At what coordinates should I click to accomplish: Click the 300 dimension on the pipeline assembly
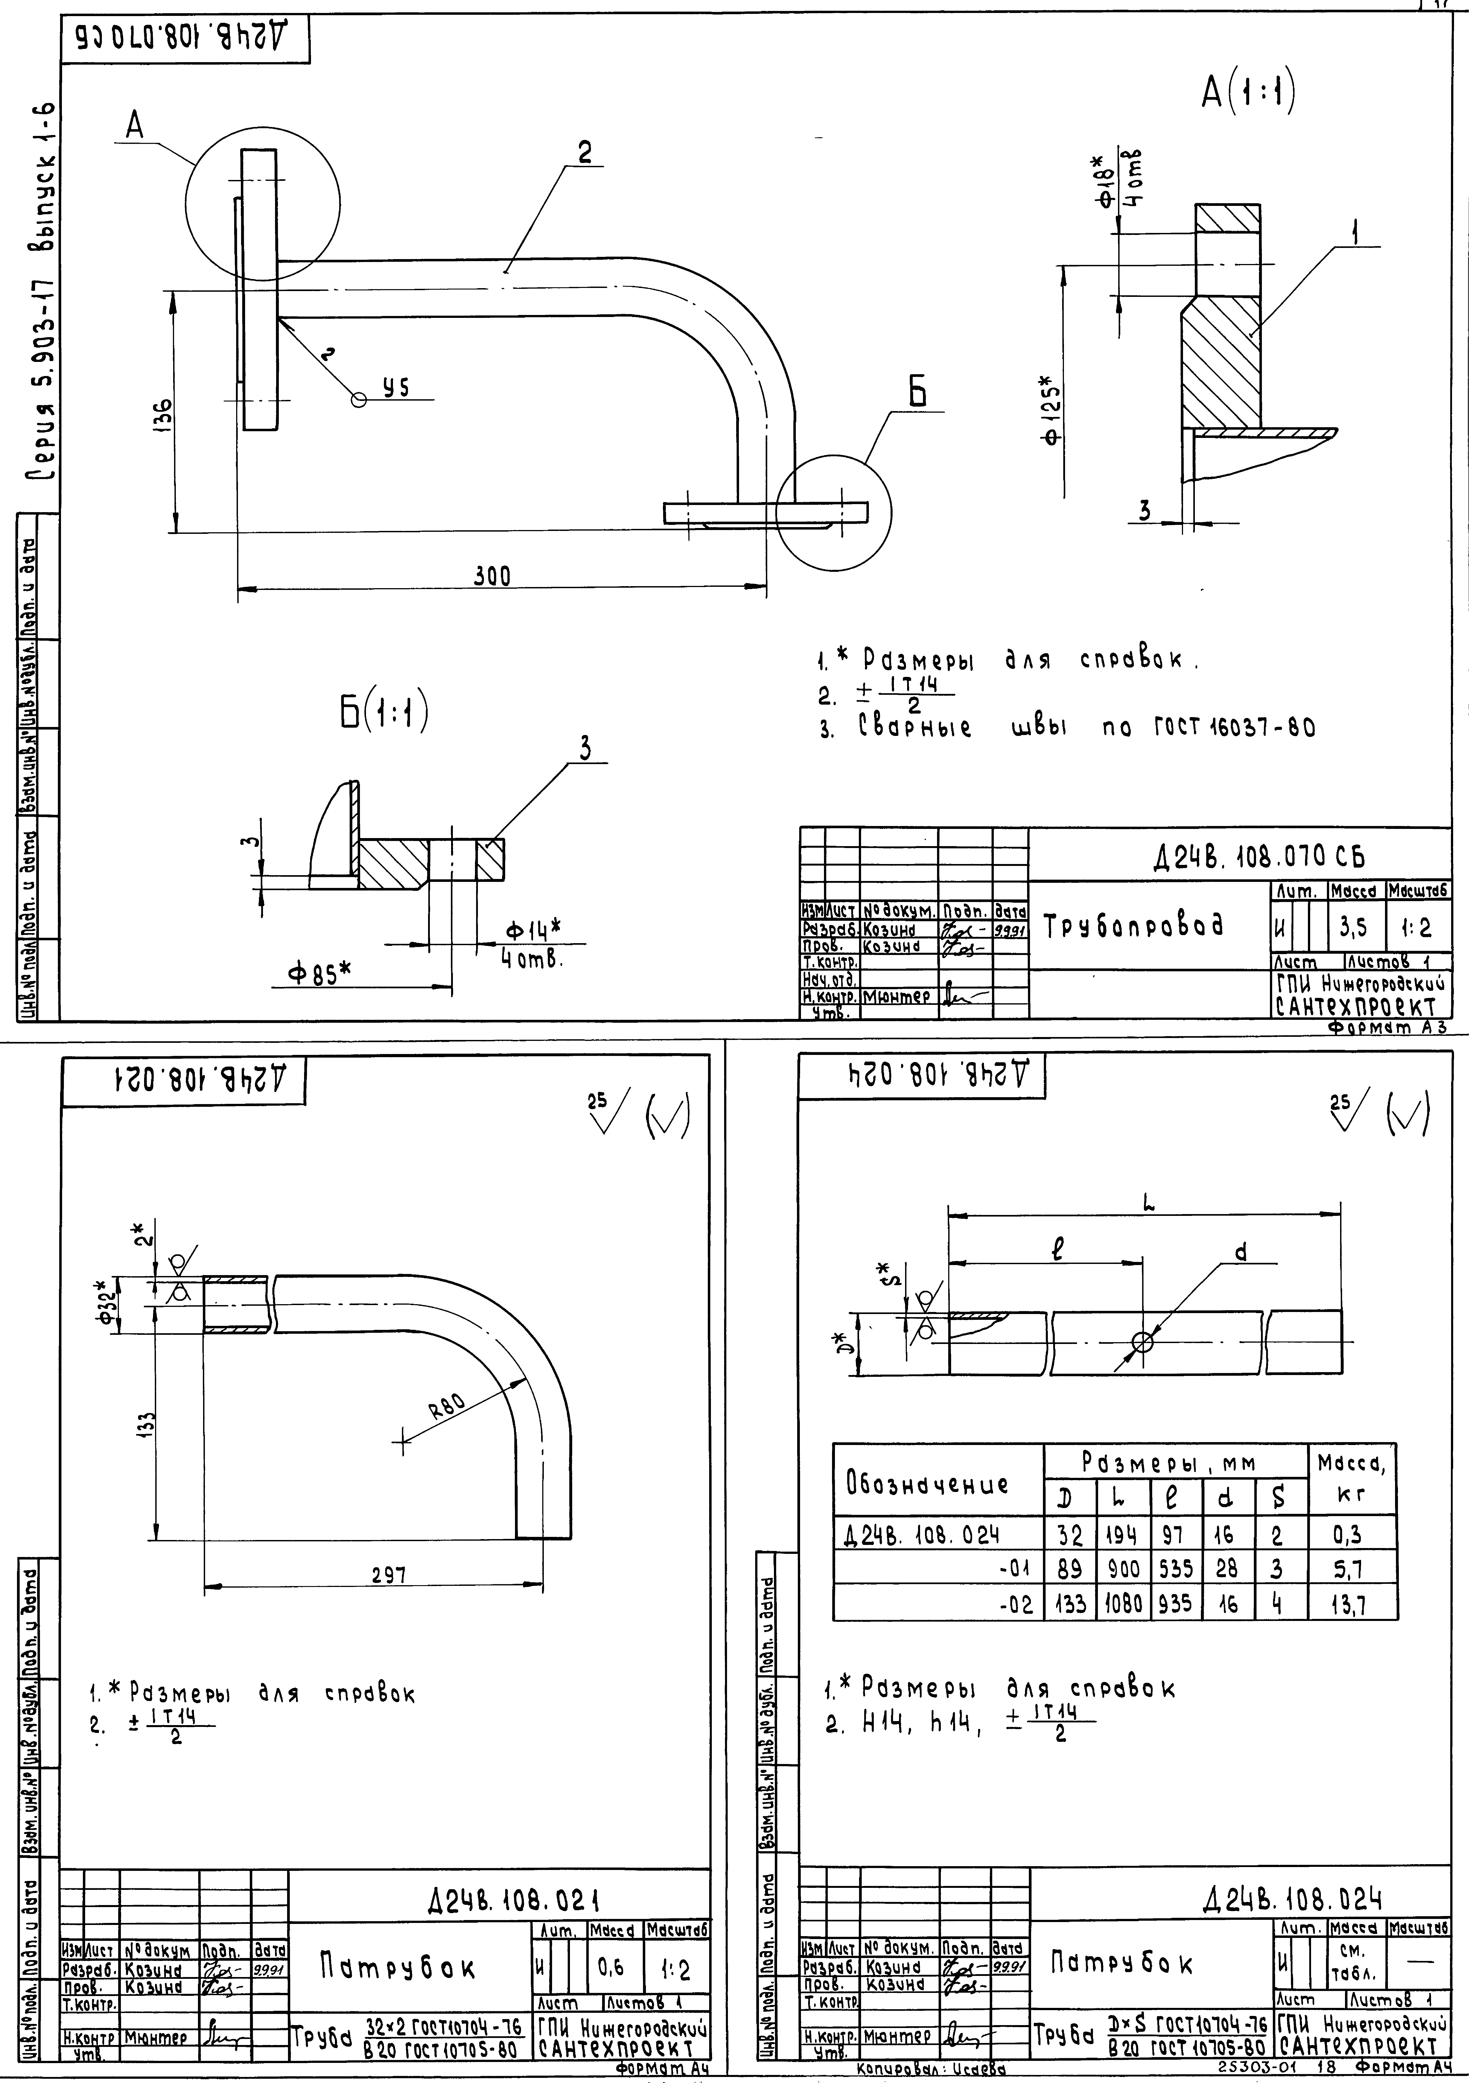[492, 576]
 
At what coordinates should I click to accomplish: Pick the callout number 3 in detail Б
[586, 749]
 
